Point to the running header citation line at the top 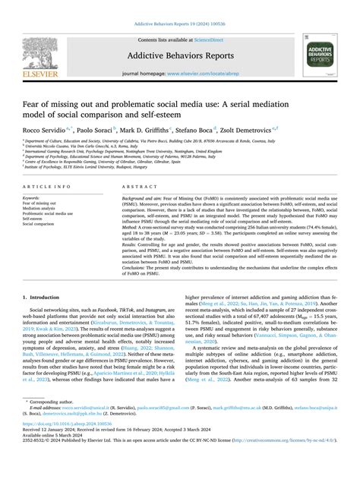tap(180, 6)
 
